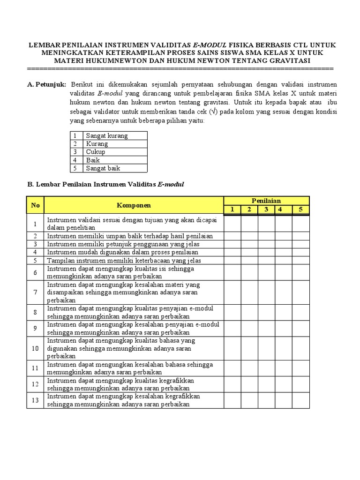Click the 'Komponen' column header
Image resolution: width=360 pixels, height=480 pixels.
pyautogui.click(x=134, y=205)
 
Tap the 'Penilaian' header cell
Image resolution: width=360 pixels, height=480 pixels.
pyautogui.click(x=266, y=201)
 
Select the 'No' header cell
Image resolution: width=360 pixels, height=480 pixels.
pyautogui.click(x=35, y=205)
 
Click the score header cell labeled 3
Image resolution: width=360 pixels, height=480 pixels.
pyautogui.click(x=266, y=209)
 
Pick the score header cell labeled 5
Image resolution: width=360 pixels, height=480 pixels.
pyautogui.click(x=300, y=209)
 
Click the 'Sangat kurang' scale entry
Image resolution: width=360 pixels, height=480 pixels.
pyautogui.click(x=107, y=135)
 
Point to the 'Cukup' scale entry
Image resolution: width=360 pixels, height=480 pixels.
pyautogui.click(x=96, y=152)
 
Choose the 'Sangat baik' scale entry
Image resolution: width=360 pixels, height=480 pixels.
pyautogui.click(x=103, y=168)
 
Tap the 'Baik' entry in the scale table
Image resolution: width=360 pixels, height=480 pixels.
pyautogui.click(x=93, y=160)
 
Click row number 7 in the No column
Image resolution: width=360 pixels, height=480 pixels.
pyautogui.click(x=35, y=292)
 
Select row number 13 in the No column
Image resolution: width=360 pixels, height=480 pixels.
pyautogui.click(x=35, y=401)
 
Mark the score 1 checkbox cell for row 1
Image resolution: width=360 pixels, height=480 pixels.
pyautogui.click(x=232, y=224)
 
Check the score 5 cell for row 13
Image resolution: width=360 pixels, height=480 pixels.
pyautogui.click(x=300, y=401)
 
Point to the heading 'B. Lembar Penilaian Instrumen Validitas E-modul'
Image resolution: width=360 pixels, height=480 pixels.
pyautogui.click(x=105, y=184)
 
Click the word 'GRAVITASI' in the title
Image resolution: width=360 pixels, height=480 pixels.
pyautogui.click(x=288, y=60)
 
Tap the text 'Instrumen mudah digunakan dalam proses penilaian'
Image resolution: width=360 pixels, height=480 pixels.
pyautogui.click(x=122, y=252)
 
